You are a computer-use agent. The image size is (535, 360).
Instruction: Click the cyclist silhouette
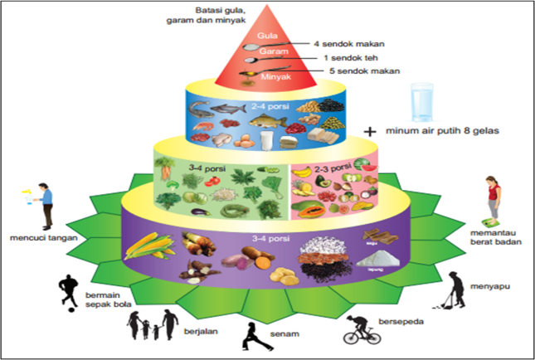(362, 328)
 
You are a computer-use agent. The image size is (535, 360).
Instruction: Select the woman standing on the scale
(495, 200)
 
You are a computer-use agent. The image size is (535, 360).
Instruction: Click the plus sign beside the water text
(370, 131)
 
